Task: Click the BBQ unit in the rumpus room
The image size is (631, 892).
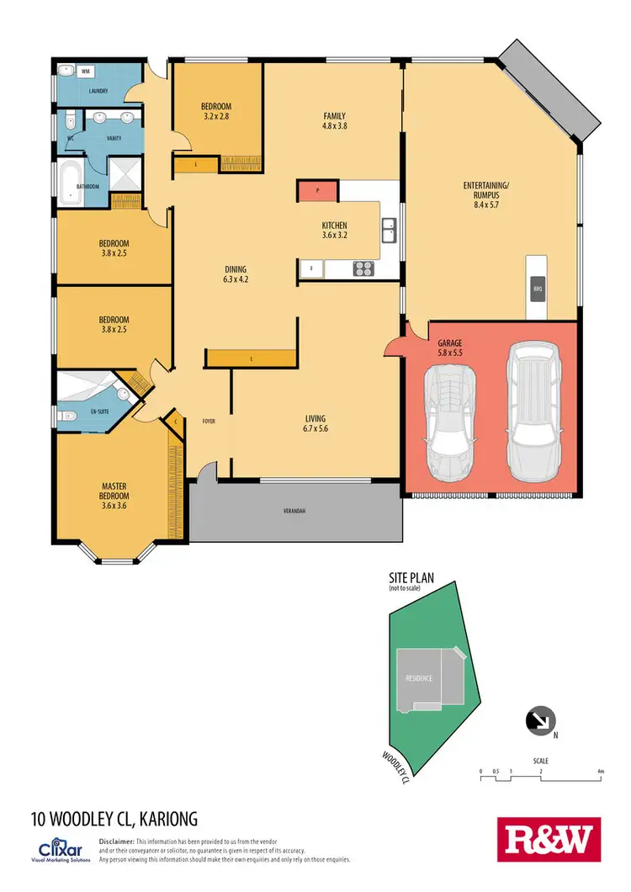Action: [537, 289]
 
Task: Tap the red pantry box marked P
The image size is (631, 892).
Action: [317, 191]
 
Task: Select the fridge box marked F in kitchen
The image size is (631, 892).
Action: [311, 269]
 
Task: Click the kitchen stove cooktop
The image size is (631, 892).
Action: [363, 269]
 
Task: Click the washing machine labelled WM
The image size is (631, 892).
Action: [85, 72]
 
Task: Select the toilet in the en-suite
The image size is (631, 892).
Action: [66, 415]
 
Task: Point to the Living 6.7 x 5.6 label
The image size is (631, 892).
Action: [315, 423]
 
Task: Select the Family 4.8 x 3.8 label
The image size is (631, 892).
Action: [335, 120]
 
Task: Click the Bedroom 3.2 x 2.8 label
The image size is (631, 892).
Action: [215, 111]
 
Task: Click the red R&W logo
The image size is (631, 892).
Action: [549, 840]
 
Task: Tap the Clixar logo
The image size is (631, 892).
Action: [59, 846]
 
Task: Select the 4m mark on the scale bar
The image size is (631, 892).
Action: [600, 772]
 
